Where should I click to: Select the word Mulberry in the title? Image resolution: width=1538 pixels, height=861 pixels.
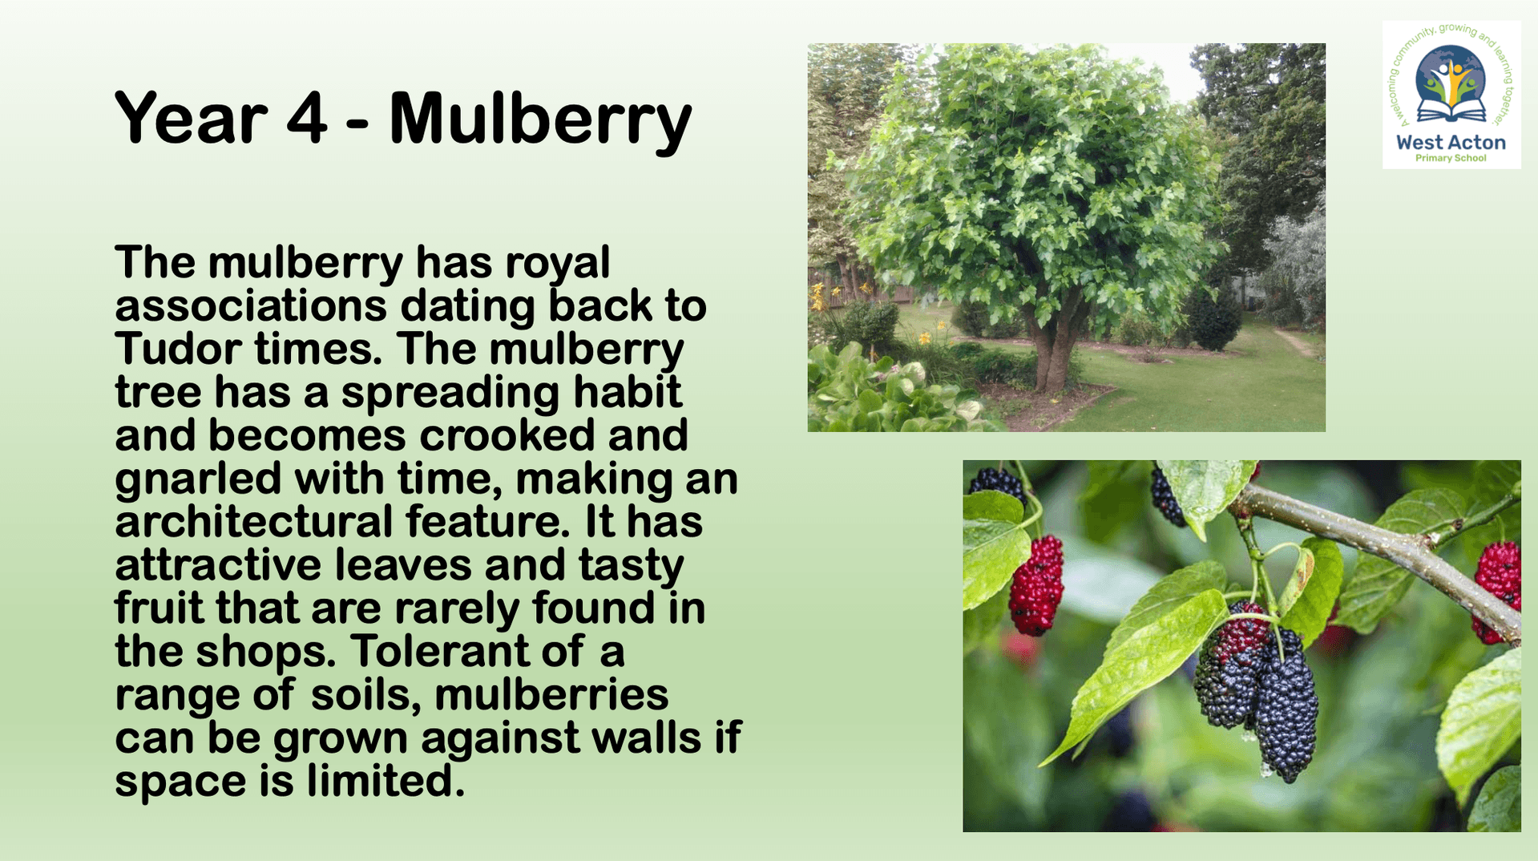point(540,121)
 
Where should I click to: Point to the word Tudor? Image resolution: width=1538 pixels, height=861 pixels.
point(178,349)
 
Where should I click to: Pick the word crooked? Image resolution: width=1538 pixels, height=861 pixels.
point(507,435)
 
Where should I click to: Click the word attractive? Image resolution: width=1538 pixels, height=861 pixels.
point(218,564)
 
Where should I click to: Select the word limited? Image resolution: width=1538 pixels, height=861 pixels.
point(386,781)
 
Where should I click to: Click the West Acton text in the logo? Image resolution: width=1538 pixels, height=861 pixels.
point(1451,143)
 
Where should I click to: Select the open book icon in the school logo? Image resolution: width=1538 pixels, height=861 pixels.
point(1451,109)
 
